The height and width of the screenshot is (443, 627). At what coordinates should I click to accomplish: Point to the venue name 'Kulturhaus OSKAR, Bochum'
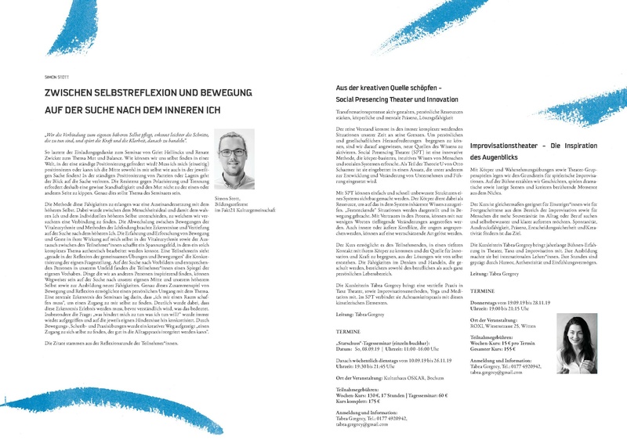coord(392,377)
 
